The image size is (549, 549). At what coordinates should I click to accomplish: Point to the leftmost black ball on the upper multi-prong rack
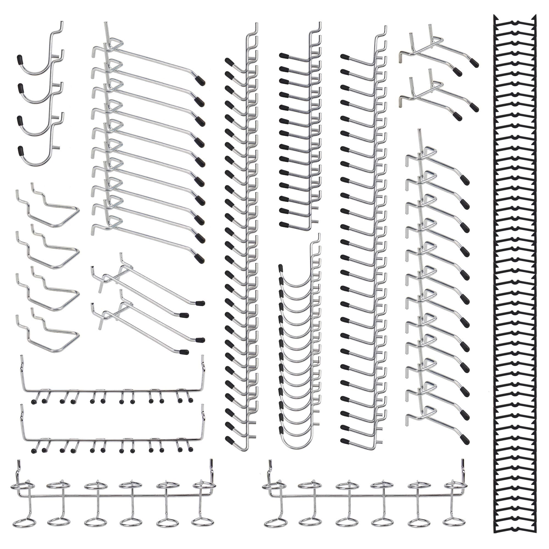click(x=33, y=402)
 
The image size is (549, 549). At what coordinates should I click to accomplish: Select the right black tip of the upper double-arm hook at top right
click(x=475, y=63)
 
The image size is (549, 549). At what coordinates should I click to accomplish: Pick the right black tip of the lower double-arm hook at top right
click(x=475, y=108)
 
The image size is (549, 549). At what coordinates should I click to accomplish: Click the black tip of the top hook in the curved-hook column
click(x=281, y=267)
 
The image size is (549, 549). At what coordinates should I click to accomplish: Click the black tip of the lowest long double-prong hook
click(x=184, y=352)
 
